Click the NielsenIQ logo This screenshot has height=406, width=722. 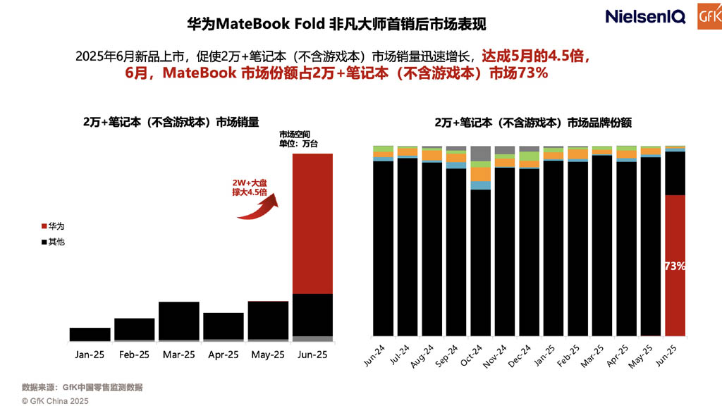coord(644,17)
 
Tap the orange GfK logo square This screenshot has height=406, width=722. coord(709,16)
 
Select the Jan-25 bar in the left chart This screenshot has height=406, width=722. coord(90,334)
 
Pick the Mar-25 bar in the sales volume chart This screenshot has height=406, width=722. coord(179,321)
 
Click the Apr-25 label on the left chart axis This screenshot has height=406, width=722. coord(224,355)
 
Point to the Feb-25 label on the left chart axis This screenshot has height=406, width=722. coord(134,355)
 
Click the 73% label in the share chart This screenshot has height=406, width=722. coord(674,266)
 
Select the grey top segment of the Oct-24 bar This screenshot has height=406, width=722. coord(480,153)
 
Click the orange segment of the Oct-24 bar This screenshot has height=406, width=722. coord(480,174)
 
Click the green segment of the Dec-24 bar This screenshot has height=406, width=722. coord(529,156)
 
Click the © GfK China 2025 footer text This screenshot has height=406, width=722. coord(55,400)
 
